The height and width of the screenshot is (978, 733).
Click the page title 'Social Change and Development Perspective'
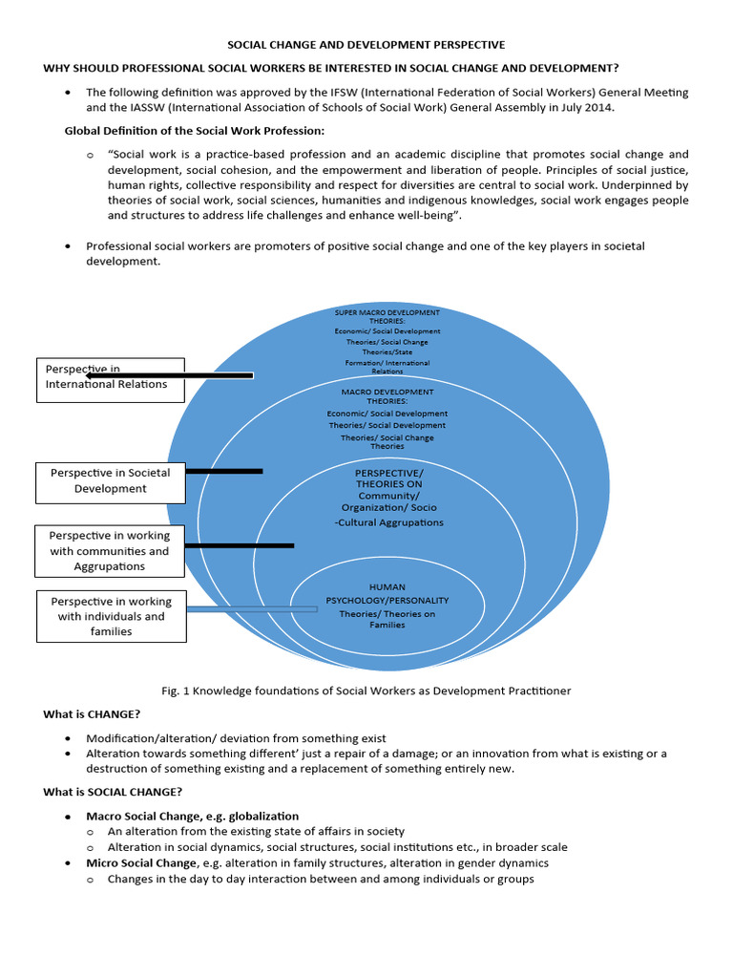[366, 45]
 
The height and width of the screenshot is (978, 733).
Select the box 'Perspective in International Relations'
[110, 376]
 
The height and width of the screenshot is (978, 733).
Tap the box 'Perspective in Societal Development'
[110, 481]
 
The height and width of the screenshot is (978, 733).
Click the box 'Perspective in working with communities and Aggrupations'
[110, 551]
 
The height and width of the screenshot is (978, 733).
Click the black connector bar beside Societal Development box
[223, 471]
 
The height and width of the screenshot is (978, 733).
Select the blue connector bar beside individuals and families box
[252, 608]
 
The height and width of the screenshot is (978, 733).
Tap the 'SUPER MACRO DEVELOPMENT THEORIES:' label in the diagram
[387, 317]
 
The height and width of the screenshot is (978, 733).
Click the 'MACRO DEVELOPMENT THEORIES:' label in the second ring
[387, 396]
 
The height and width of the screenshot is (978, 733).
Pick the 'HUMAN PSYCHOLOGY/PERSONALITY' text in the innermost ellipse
[387, 594]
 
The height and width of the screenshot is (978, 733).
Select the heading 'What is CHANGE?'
[92, 714]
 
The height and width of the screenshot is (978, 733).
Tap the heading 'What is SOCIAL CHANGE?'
[113, 792]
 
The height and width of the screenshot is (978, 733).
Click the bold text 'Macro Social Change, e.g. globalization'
[192, 817]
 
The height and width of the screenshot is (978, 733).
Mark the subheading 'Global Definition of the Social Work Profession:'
[194, 130]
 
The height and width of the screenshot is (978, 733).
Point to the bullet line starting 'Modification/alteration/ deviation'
[236, 738]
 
